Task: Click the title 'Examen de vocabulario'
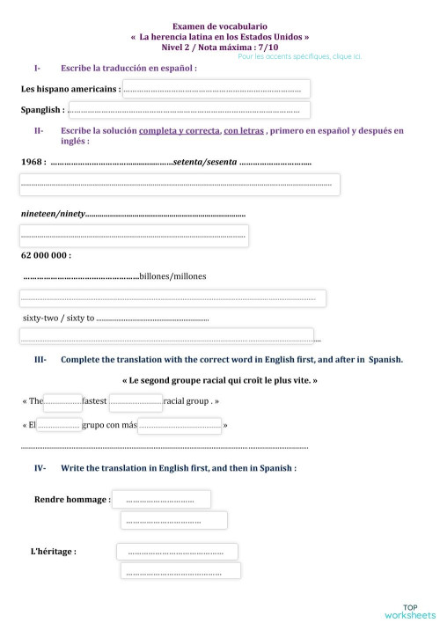tap(219, 28)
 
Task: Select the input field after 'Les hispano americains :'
tap(216, 89)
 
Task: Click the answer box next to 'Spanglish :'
tap(187, 110)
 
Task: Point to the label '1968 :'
tap(33, 162)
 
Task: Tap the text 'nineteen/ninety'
tap(52, 215)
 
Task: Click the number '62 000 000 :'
tap(46, 255)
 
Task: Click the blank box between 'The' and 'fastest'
tap(62, 401)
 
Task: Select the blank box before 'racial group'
tap(136, 401)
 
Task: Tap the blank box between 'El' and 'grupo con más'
tap(59, 426)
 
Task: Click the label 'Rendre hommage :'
tap(72, 499)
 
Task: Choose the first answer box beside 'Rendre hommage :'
tap(161, 500)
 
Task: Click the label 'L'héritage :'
tap(53, 552)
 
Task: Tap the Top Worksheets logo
tap(410, 610)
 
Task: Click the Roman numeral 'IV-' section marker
tap(40, 468)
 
